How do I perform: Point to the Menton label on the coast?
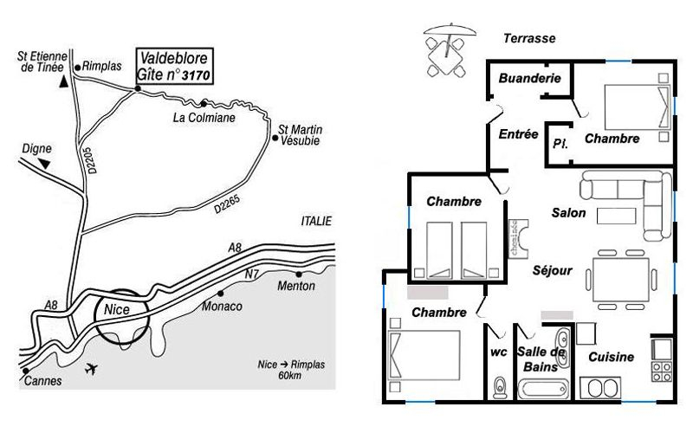[x=296, y=287]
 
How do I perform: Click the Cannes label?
[x=42, y=379]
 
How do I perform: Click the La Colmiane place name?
[x=204, y=118]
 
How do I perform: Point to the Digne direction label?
[x=34, y=148]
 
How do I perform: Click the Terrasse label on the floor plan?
[x=529, y=38]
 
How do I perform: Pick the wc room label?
[x=497, y=352]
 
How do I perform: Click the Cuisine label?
[x=611, y=357]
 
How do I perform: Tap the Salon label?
[x=569, y=212]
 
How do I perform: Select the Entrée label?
[x=519, y=134]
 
